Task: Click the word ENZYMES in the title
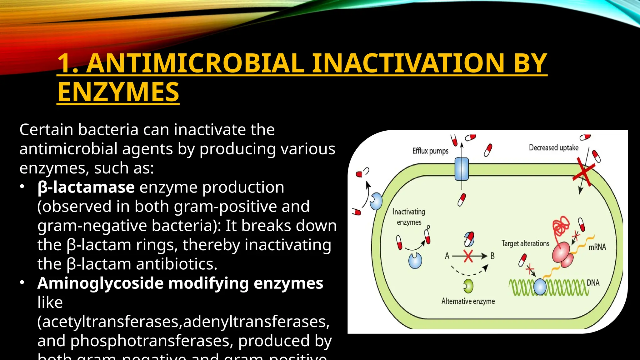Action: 118,92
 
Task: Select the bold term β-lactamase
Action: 86,187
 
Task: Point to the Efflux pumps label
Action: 430,151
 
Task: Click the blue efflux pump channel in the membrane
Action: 462,169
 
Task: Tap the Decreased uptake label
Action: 553,147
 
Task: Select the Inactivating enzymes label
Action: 409,217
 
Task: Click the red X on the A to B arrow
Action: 468,256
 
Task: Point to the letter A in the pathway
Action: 447,256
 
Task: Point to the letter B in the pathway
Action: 492,256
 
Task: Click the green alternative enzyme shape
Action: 468,286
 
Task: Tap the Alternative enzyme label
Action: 468,301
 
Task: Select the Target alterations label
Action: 525,243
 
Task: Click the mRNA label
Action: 597,247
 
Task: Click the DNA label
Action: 593,283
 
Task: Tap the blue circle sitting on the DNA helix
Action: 540,287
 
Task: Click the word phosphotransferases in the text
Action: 152,341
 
